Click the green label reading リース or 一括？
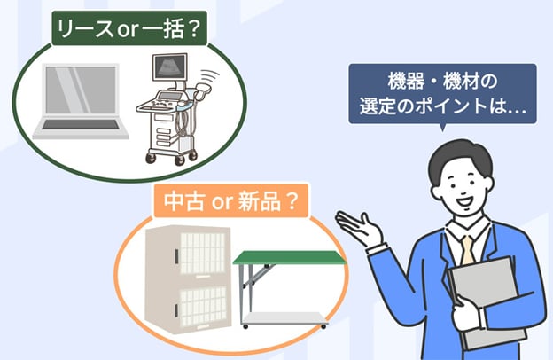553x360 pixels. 129,28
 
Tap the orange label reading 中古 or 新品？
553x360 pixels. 231,200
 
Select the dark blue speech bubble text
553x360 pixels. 442,93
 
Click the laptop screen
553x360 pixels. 81,90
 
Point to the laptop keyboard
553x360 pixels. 81,125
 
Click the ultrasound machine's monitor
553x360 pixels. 169,67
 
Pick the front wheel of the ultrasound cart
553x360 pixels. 180,160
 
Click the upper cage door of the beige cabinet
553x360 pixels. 203,254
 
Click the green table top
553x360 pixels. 289,257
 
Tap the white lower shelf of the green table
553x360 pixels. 284,318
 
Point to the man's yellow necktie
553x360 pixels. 467,250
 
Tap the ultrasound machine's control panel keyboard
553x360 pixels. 160,104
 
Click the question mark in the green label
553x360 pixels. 194,29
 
